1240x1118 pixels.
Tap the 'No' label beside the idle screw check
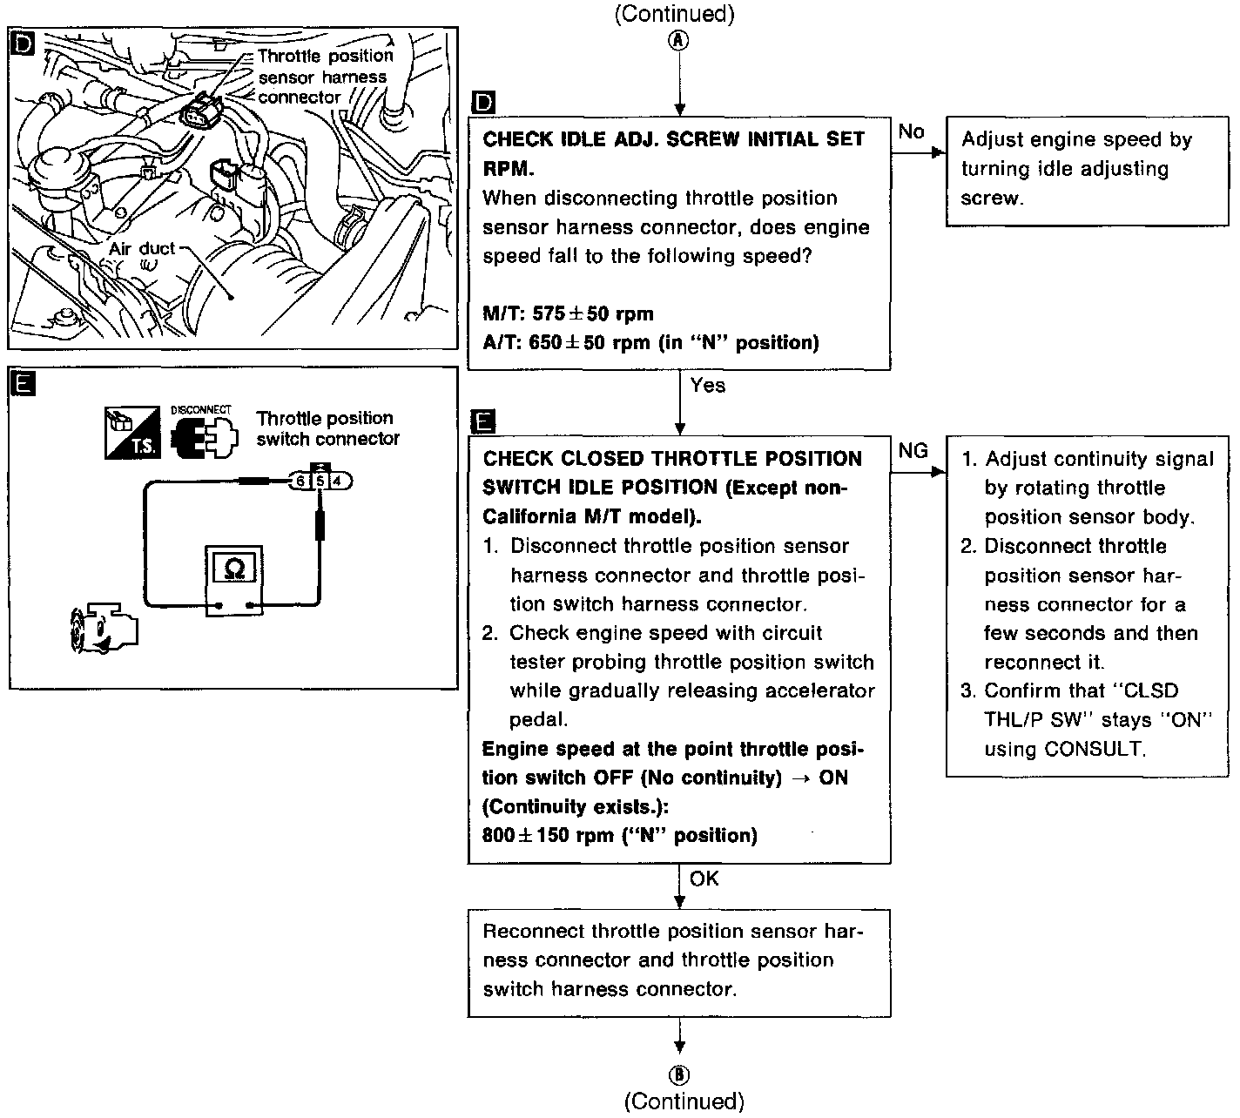click(911, 131)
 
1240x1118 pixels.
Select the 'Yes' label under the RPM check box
click(707, 385)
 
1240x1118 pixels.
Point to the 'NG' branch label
click(913, 451)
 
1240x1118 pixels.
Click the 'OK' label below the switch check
click(704, 879)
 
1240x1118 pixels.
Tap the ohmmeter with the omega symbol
click(234, 581)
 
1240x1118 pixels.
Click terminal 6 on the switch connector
click(300, 480)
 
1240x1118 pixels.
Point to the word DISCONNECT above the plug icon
click(200, 409)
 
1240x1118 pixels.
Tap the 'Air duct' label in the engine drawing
click(142, 249)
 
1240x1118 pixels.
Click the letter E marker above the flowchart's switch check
click(482, 423)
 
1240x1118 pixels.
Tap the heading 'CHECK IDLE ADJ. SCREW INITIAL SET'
click(673, 139)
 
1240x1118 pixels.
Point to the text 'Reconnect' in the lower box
click(533, 931)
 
